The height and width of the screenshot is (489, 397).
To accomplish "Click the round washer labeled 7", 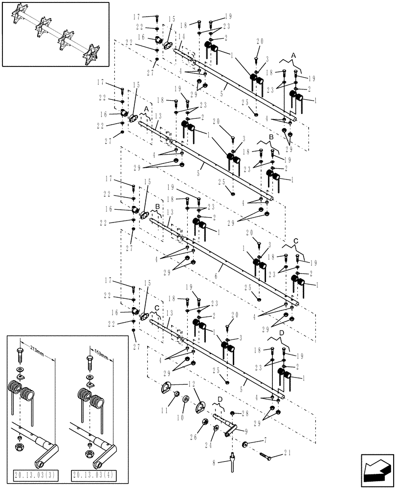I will click(244, 445).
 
